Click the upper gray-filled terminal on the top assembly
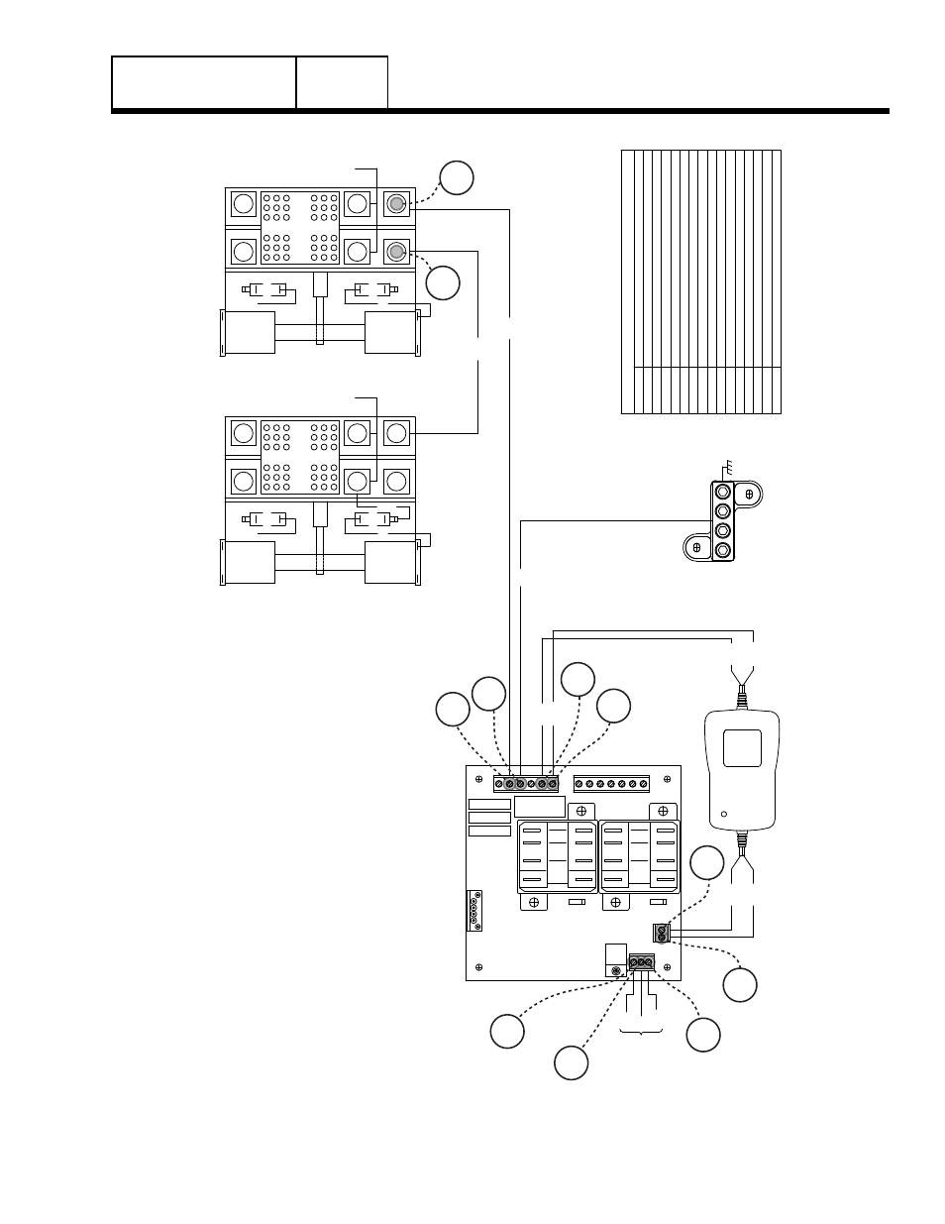(x=396, y=204)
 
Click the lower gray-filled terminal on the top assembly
(x=396, y=250)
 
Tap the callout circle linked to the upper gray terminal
(x=457, y=177)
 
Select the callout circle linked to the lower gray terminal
(x=444, y=282)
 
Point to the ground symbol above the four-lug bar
(x=727, y=467)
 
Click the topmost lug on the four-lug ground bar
(x=723, y=491)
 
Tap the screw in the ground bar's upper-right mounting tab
(x=750, y=493)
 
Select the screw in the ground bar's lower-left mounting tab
(x=696, y=547)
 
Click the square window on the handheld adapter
(x=743, y=747)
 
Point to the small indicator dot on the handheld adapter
(x=724, y=815)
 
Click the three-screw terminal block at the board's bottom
(x=641, y=962)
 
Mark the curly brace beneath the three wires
(x=641, y=1034)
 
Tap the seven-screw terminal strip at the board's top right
(x=611, y=784)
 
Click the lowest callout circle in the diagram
(x=571, y=1062)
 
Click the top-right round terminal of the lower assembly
(x=396, y=432)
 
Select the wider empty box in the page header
(x=204, y=82)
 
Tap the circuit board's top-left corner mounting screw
(x=477, y=777)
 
